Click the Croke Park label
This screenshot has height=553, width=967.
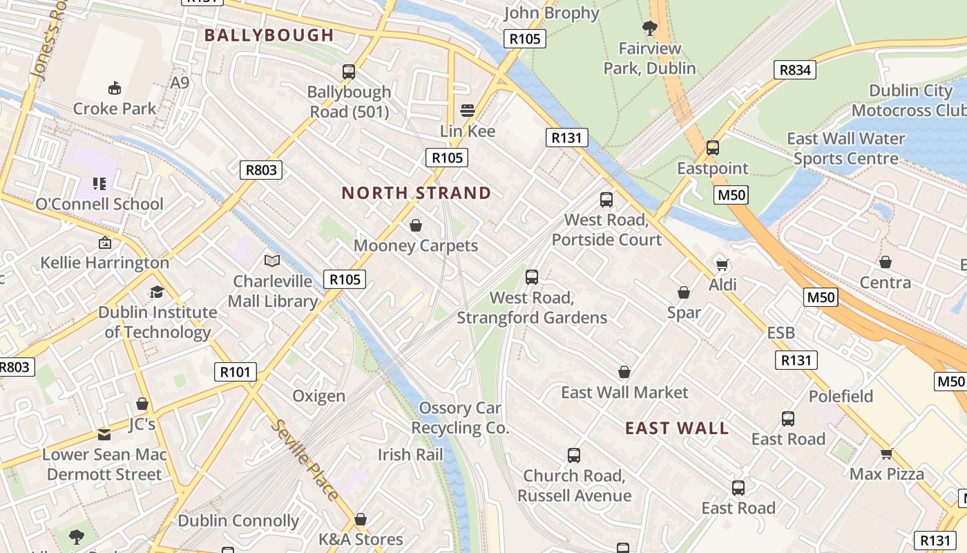click(115, 109)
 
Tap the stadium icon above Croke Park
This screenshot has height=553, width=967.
click(115, 88)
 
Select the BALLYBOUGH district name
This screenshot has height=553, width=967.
click(269, 35)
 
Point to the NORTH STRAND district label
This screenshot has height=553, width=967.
click(417, 193)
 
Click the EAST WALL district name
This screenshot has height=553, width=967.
click(677, 429)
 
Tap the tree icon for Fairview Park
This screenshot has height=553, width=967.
click(649, 28)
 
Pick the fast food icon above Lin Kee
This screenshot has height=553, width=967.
click(468, 111)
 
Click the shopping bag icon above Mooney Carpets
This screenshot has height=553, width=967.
click(416, 225)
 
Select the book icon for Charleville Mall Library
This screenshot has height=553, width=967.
click(272, 261)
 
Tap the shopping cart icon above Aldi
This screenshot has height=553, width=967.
click(722, 265)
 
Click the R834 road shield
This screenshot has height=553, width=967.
click(795, 70)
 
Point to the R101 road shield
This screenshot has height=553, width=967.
click(235, 372)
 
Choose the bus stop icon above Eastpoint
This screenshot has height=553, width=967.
click(713, 148)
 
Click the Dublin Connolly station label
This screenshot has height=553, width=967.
click(238, 521)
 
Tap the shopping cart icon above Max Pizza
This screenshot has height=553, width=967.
click(887, 454)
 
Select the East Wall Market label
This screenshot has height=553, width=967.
click(624, 393)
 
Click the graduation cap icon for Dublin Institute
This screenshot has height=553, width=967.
click(157, 292)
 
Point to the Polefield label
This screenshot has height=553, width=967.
click(841, 396)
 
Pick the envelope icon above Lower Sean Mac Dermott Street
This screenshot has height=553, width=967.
click(104, 435)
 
